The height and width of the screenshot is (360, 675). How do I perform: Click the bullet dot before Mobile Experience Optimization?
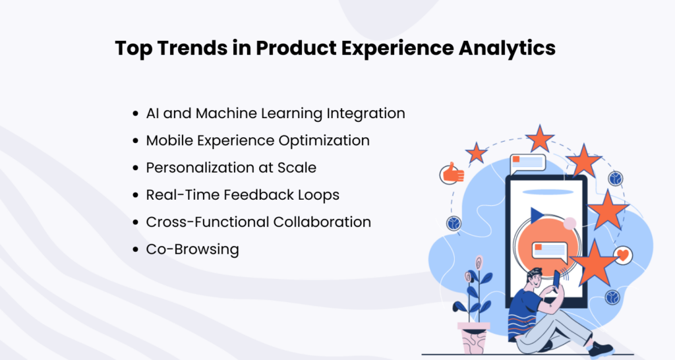[136, 141]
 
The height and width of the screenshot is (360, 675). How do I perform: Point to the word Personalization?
[197, 168]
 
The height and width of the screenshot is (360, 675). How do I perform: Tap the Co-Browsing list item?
[192, 249]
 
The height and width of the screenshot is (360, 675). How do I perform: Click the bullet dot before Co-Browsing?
[136, 250]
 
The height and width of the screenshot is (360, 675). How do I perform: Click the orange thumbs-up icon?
[453, 173]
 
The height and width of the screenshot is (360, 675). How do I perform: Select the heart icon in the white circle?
[622, 255]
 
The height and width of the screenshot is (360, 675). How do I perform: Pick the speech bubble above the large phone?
[527, 162]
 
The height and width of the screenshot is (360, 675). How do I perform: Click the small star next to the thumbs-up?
[476, 153]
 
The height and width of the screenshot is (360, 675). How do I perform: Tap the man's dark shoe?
[601, 349]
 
